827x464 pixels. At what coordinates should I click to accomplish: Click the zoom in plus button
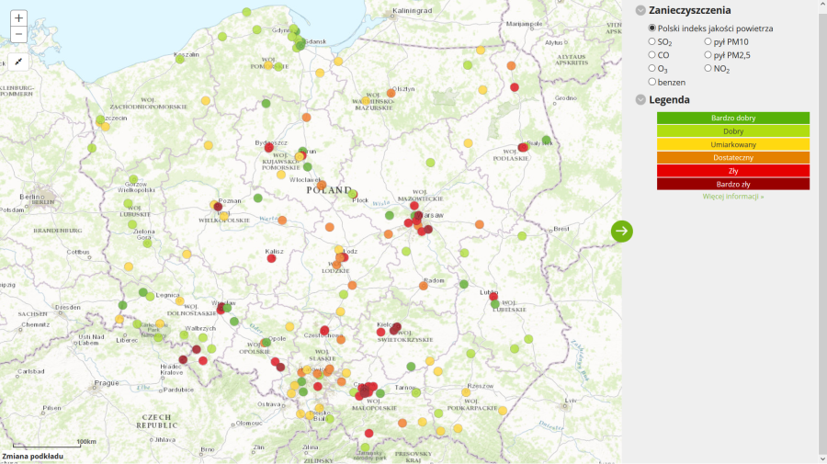[19, 17]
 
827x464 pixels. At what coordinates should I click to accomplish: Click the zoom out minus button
[19, 35]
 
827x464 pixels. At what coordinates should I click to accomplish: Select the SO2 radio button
[652, 41]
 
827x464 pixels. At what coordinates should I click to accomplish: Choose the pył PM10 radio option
[708, 41]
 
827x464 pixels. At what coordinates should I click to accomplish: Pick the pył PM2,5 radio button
[708, 55]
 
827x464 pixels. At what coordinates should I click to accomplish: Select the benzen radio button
[652, 82]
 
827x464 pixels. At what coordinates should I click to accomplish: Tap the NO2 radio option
[708, 68]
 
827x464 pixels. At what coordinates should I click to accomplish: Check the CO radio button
[652, 55]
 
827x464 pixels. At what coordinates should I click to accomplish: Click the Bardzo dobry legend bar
[732, 119]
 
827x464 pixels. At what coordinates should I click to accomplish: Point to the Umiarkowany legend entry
[732, 145]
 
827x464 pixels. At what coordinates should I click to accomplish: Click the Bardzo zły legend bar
[732, 184]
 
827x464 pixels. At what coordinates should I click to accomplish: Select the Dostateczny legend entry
[732, 158]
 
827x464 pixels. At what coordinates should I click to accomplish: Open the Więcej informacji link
[732, 197]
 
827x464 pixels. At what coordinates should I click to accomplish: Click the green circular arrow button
[622, 231]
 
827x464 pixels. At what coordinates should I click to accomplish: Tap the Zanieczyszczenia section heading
[689, 10]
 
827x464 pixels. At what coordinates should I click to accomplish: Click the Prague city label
[107, 383]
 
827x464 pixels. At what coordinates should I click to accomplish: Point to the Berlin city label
[33, 198]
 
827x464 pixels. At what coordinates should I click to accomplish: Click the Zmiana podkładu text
[32, 456]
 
